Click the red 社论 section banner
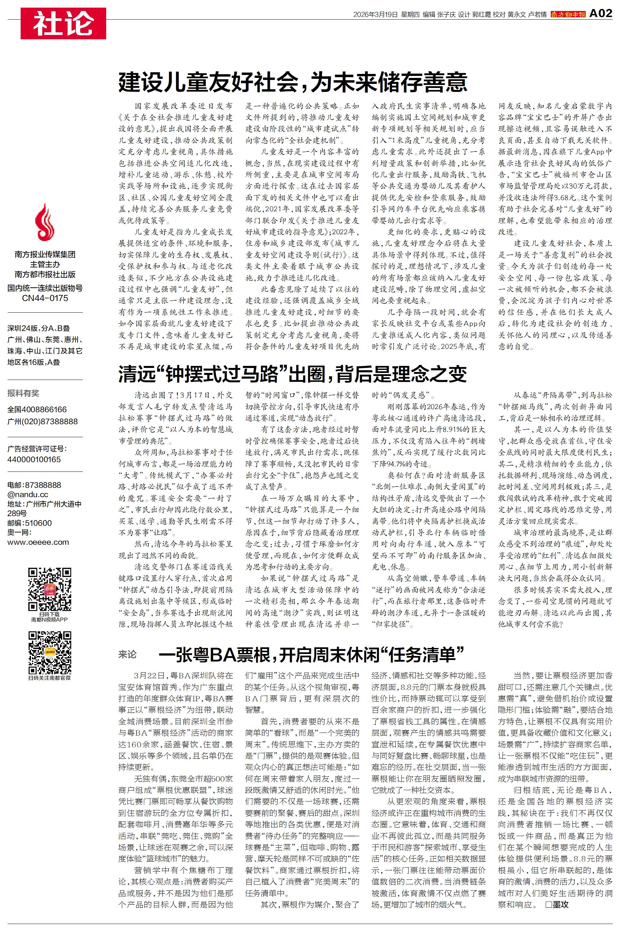(x=63, y=23)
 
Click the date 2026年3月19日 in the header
(x=375, y=15)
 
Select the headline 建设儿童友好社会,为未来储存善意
(x=293, y=82)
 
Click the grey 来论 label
(x=127, y=655)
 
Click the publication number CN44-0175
(x=45, y=298)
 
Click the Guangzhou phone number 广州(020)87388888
(x=43, y=422)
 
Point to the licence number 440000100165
(x=34, y=460)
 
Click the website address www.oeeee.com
(x=38, y=542)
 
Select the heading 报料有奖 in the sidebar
(x=23, y=393)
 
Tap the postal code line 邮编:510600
(x=30, y=523)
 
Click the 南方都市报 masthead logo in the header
(x=568, y=15)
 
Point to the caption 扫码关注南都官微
(x=50, y=678)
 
